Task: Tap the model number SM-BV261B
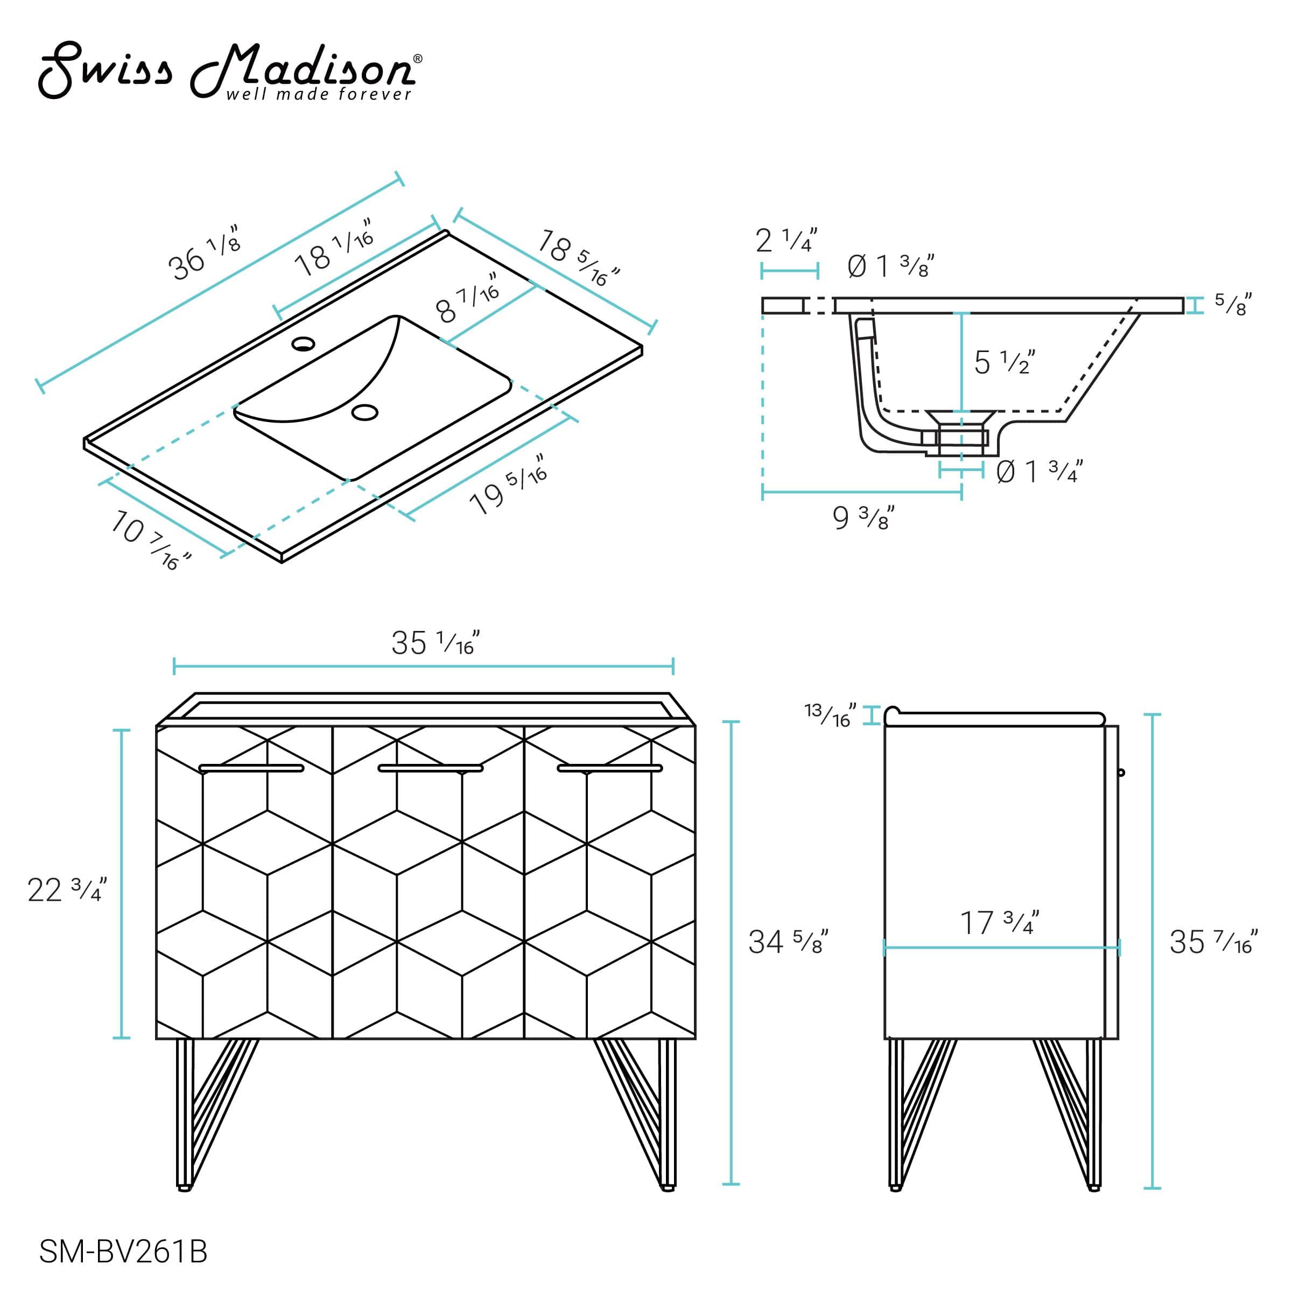click(123, 1251)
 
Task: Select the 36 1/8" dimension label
click(203, 254)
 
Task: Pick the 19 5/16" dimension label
click(508, 483)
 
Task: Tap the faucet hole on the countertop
click(303, 344)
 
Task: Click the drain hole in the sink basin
click(364, 412)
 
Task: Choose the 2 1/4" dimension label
click(787, 240)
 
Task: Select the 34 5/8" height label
click(788, 942)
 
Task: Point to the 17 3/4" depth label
click(1000, 923)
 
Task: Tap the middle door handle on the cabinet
click(430, 768)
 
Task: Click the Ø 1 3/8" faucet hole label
click(890, 266)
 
